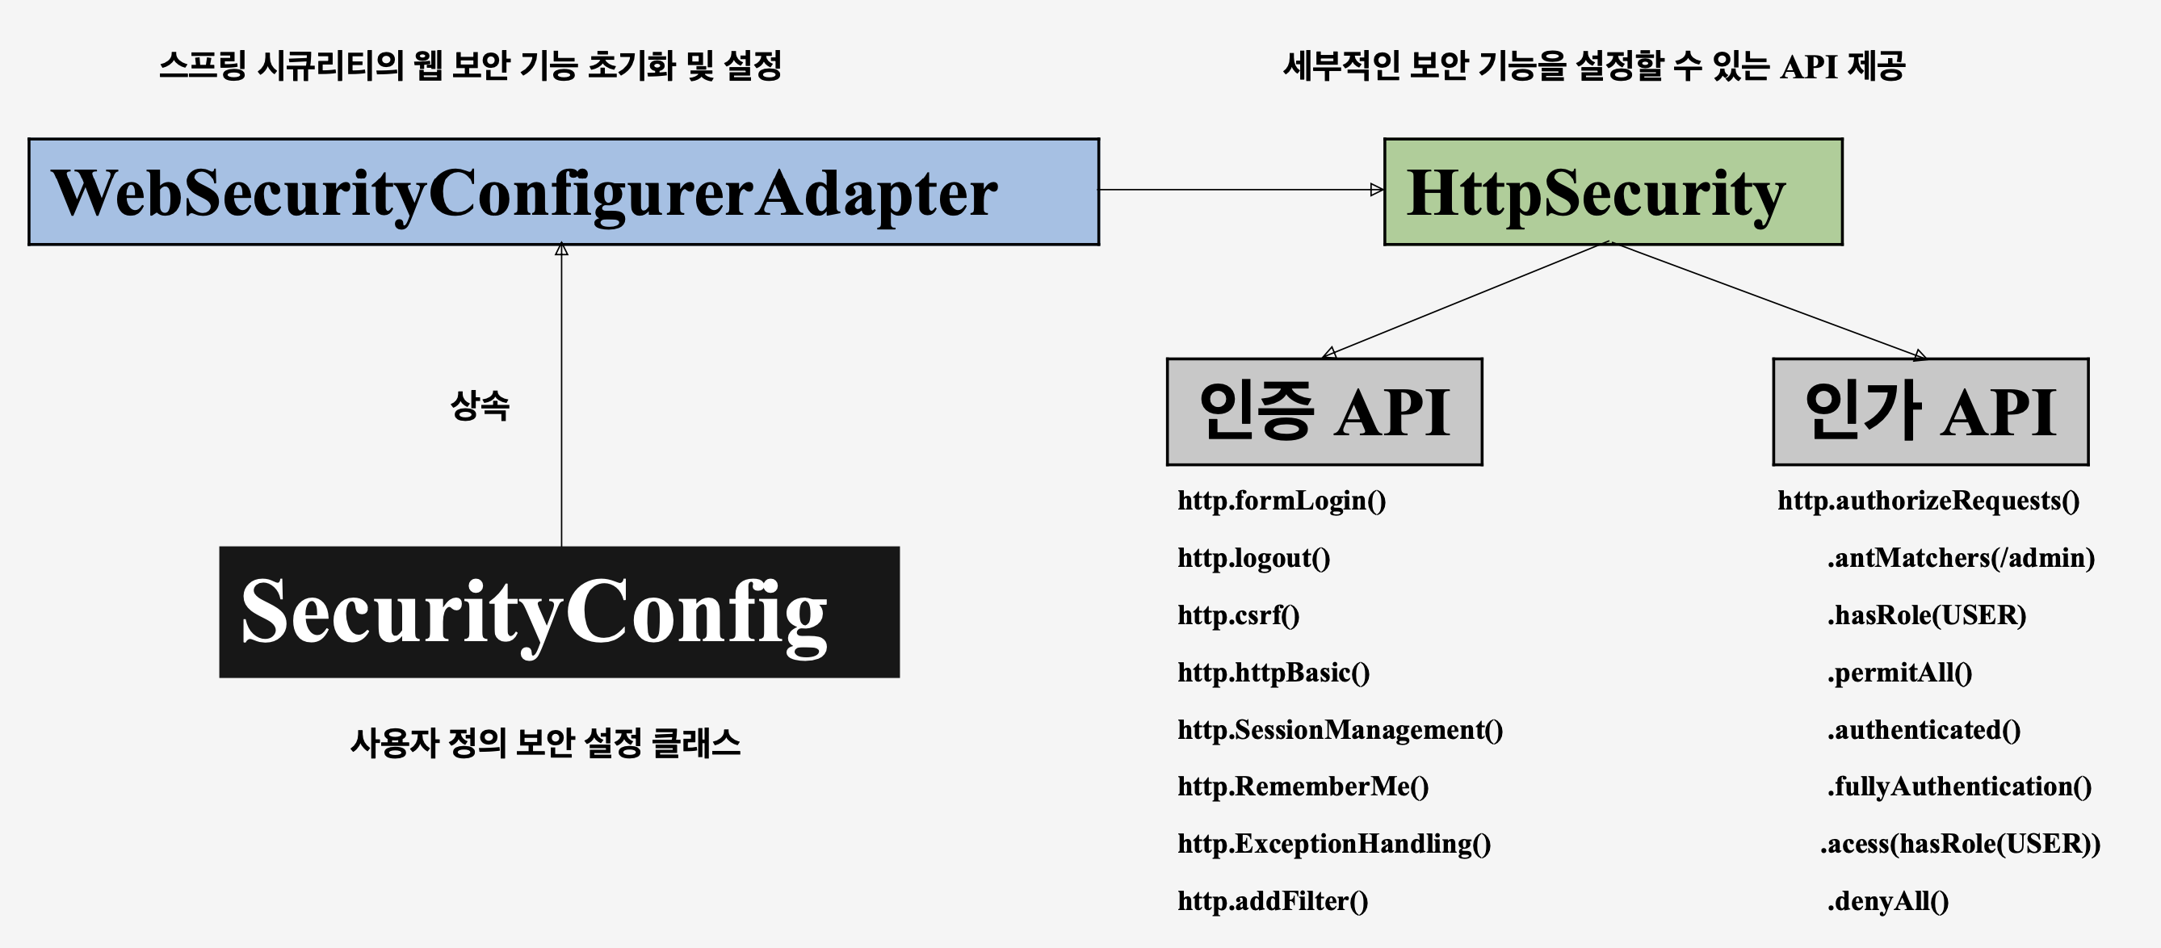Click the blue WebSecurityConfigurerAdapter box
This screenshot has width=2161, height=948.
click(x=563, y=192)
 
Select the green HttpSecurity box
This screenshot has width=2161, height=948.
click(x=1613, y=192)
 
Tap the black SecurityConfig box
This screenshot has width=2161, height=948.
click(x=559, y=611)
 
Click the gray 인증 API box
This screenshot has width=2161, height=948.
click(x=1324, y=412)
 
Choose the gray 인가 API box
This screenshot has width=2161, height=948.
click(x=1929, y=412)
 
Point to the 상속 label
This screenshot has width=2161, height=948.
click(x=480, y=406)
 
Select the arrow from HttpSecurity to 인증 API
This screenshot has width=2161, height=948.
click(x=1464, y=300)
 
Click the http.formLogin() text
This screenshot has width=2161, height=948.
click(x=1281, y=501)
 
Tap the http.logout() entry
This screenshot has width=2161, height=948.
click(x=1253, y=558)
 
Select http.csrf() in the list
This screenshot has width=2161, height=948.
click(x=1238, y=615)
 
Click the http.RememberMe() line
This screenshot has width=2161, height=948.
click(x=1302, y=787)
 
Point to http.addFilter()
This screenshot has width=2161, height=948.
click(x=1272, y=901)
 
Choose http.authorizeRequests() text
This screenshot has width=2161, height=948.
click(x=1928, y=501)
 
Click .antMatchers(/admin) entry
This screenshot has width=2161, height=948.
click(x=1960, y=558)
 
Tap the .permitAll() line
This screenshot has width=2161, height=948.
click(x=1899, y=673)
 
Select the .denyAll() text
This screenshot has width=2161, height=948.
click(x=1887, y=901)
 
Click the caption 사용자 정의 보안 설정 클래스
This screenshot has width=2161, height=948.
click(x=545, y=743)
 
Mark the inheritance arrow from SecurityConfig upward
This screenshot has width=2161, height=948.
click(x=561, y=394)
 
